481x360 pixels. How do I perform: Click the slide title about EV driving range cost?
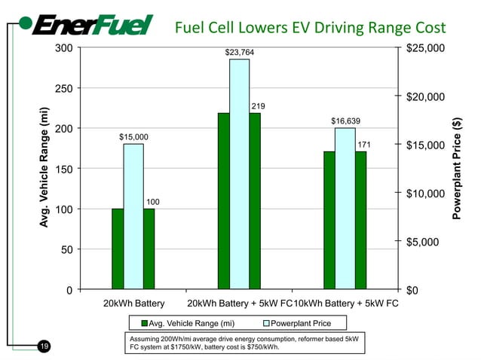point(310,29)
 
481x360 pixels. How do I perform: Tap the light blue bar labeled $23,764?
point(239,173)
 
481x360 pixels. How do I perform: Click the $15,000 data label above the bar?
point(133,137)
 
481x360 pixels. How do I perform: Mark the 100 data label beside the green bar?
point(153,203)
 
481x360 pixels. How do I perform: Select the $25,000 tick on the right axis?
point(425,48)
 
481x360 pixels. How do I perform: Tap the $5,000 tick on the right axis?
point(422,241)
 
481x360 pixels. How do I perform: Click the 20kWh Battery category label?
point(133,304)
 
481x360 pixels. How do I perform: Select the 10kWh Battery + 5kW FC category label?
point(346,304)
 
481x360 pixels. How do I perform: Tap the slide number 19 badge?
point(44,346)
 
